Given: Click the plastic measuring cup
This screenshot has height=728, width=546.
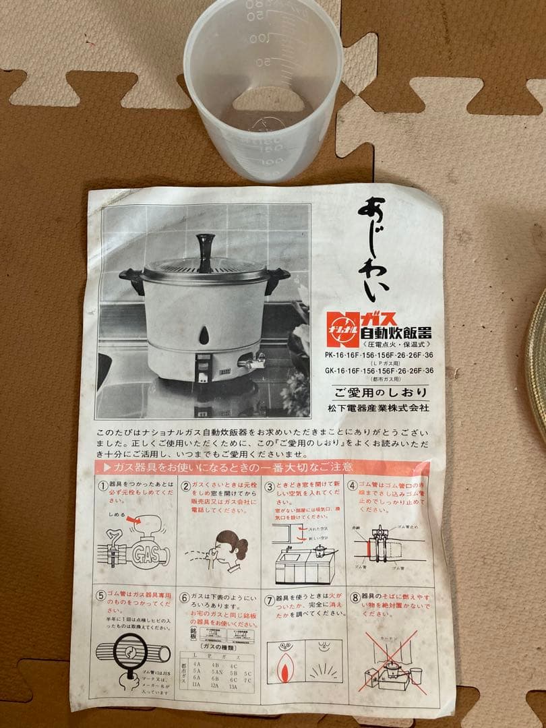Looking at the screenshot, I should click(x=264, y=91).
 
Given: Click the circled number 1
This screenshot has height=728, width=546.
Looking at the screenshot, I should click(x=103, y=485).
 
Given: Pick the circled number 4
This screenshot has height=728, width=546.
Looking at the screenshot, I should click(x=352, y=485).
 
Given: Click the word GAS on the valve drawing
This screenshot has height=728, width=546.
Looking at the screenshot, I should click(x=147, y=554).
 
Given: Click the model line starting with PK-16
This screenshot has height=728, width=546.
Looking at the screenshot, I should click(x=379, y=355).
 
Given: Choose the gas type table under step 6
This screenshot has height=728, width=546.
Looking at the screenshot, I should click(x=218, y=674).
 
